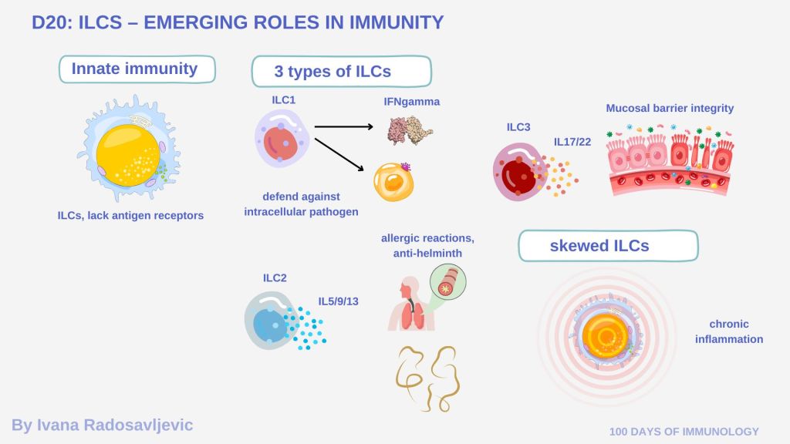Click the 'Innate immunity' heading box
click(136, 69)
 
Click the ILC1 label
click(283, 100)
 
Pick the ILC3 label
click(518, 127)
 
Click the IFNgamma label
click(412, 102)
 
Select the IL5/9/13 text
click(339, 301)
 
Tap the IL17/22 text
click(573, 142)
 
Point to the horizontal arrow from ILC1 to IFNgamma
click(344, 125)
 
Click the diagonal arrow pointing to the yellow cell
click(339, 153)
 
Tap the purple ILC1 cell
click(280, 138)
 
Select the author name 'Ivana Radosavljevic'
click(102, 425)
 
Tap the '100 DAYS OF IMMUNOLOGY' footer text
click(684, 432)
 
